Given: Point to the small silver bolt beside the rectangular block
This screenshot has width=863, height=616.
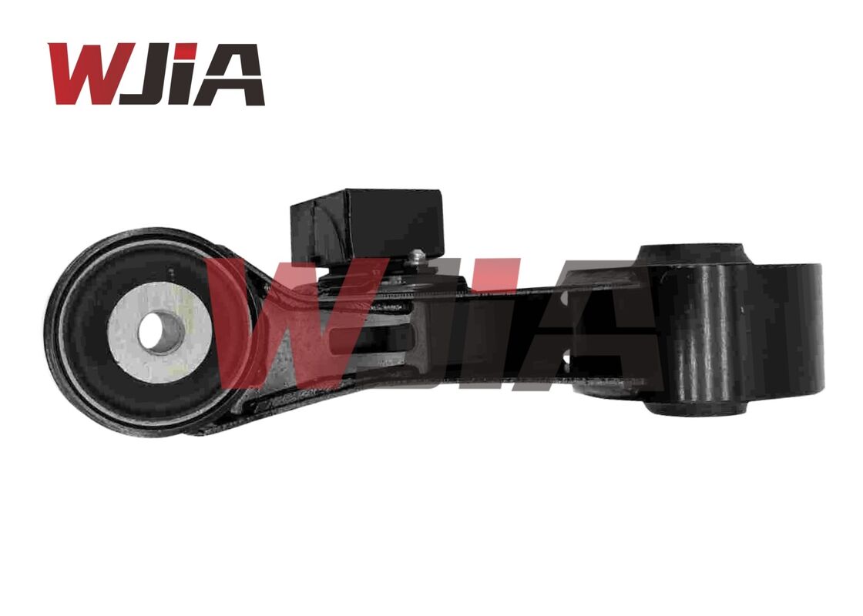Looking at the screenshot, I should [417, 257].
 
